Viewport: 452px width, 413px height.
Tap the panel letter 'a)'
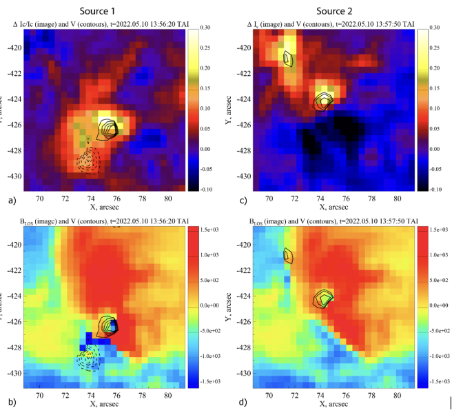click(9, 200)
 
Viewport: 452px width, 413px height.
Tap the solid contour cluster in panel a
click(107, 127)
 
